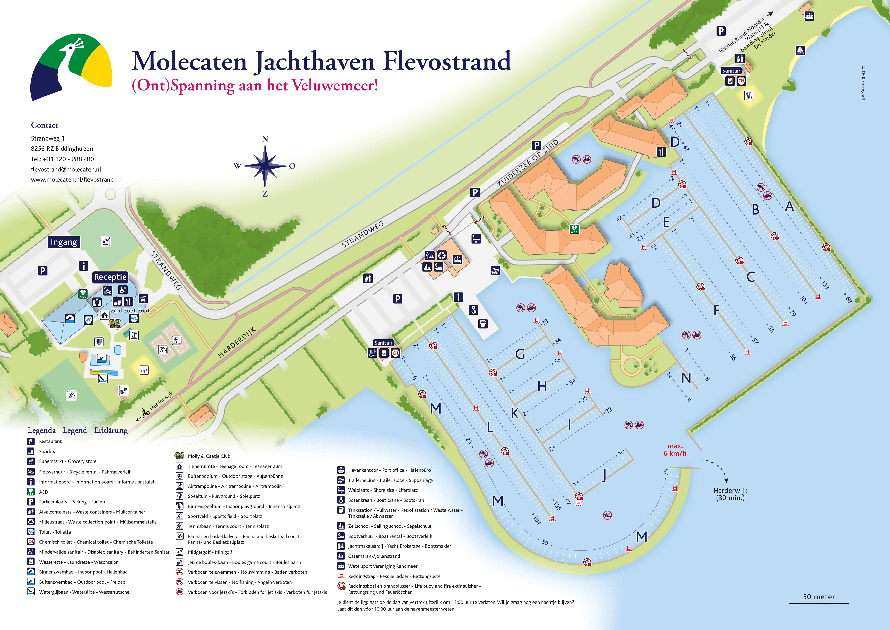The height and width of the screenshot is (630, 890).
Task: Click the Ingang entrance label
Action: click(x=64, y=242)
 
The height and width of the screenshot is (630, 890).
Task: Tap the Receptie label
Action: click(x=110, y=277)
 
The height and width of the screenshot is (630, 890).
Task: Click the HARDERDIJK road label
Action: click(x=236, y=342)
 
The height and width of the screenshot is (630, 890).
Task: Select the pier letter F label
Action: click(x=716, y=310)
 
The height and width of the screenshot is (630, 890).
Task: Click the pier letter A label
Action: click(x=789, y=206)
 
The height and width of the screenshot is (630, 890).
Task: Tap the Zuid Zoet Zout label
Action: click(x=130, y=310)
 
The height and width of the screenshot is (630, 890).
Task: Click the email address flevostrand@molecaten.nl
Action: click(x=66, y=169)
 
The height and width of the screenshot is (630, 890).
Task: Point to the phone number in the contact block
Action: click(x=62, y=159)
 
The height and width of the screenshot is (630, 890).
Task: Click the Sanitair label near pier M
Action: click(x=383, y=343)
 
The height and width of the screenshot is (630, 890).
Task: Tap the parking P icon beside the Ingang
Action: click(x=43, y=270)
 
